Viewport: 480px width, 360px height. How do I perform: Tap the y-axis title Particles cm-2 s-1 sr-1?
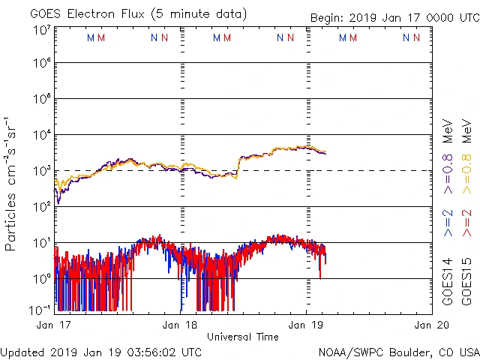(10, 183)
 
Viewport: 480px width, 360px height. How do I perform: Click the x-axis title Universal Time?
(243, 337)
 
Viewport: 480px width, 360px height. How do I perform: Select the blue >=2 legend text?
(448, 223)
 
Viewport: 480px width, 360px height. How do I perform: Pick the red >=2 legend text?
(466, 223)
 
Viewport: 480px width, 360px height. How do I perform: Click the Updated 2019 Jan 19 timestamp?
(101, 352)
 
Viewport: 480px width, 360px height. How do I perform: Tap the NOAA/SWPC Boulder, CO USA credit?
(398, 352)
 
